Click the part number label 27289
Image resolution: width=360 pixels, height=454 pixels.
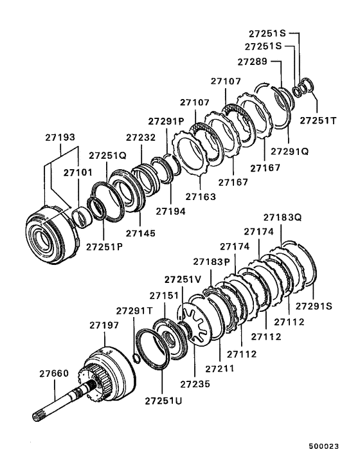(x=253, y=62)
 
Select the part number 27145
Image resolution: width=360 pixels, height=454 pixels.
(x=140, y=232)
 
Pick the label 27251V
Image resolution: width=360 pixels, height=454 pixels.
(x=183, y=279)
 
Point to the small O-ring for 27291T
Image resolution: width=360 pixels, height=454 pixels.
(x=135, y=356)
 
